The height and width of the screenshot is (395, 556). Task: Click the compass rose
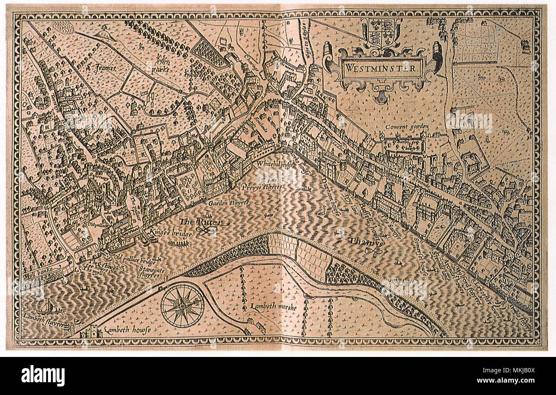pos(182,305)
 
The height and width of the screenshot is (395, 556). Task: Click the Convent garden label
pos(406,127)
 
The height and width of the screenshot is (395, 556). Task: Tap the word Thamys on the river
pos(365,242)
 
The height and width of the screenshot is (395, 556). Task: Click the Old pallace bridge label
pos(135,259)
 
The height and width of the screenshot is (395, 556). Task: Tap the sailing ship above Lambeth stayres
pos(48,306)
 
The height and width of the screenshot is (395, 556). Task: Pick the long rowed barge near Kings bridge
pos(178,244)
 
